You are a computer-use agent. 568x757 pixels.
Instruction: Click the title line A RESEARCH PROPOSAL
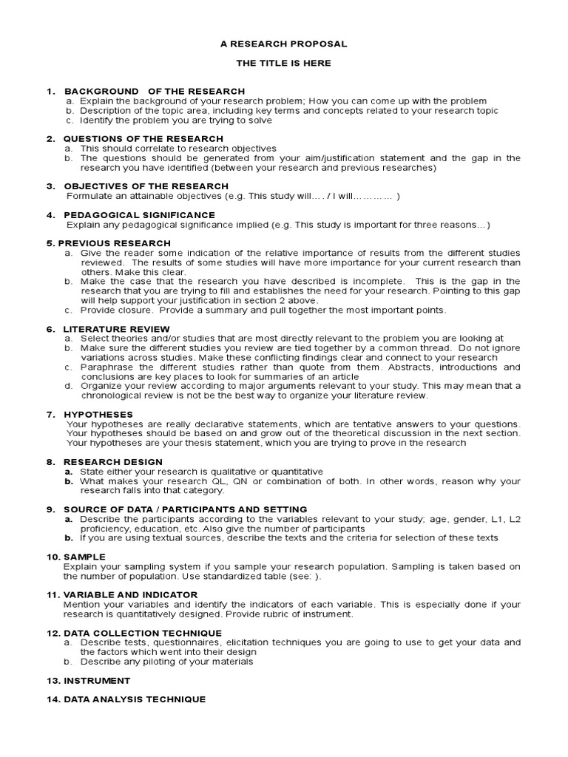point(283,44)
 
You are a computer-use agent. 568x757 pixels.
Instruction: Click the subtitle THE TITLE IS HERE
point(283,64)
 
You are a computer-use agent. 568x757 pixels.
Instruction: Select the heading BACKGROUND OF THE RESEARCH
point(155,91)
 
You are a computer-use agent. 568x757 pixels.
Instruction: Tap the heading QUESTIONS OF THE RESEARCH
point(143,139)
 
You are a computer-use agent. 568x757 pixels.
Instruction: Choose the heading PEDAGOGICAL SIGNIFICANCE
point(139,215)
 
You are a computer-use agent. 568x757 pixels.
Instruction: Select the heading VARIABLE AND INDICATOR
point(130,595)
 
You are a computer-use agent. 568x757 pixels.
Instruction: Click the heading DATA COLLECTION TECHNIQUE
point(142,634)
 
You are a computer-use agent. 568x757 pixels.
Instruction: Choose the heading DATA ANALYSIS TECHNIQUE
point(135,699)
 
